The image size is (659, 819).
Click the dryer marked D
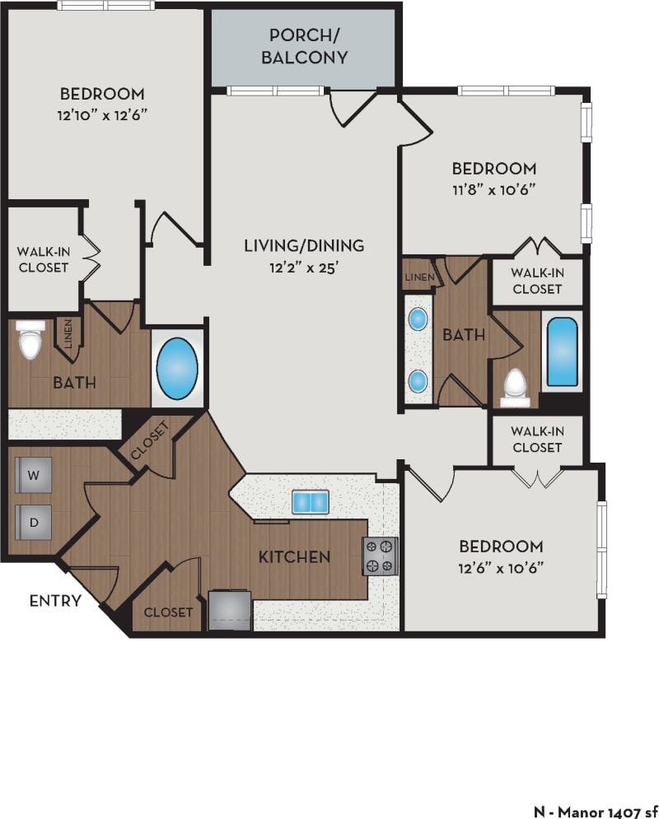point(33,520)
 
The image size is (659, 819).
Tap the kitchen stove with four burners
point(381,556)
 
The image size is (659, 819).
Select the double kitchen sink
point(310,501)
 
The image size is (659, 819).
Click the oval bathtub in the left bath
point(177,368)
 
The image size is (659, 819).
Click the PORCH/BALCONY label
point(303,47)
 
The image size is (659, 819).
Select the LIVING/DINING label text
point(303,245)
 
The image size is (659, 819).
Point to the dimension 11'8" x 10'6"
point(493,188)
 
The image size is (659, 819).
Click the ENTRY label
point(55,601)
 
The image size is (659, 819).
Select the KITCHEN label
point(294,557)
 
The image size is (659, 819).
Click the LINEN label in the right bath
point(419,277)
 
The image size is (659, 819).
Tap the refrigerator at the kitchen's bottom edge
point(230,610)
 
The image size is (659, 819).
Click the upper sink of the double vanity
point(418,318)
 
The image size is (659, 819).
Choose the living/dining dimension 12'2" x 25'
point(303,266)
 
